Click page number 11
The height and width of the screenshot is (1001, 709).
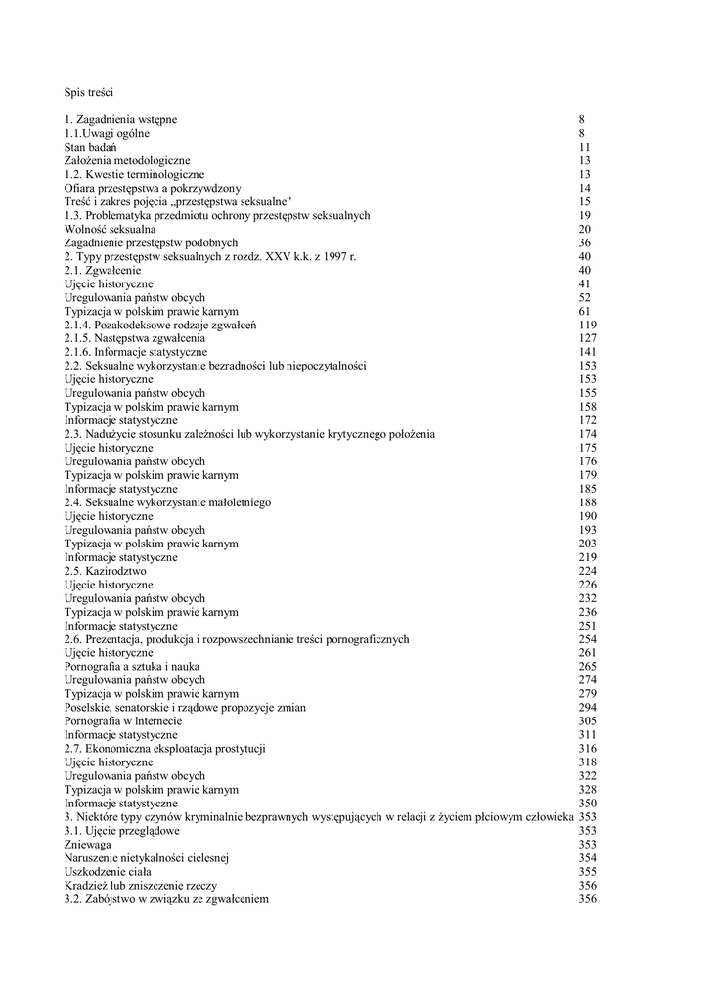tap(584, 147)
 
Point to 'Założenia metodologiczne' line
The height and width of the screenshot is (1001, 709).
tap(127, 160)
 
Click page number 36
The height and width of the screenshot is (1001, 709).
tap(584, 242)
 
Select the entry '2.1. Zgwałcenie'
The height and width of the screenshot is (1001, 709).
tap(103, 270)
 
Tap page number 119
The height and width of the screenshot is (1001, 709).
tap(587, 325)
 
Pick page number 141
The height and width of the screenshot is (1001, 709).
tap(587, 352)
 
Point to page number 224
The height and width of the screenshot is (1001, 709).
tap(587, 571)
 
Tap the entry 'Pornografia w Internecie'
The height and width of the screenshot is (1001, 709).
tap(122, 721)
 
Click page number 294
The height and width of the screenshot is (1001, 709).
tap(587, 708)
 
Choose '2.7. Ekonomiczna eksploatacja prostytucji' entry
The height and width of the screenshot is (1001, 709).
tap(165, 749)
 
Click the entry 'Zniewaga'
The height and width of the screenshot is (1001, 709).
tap(87, 845)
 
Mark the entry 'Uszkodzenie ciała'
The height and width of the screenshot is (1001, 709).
tap(107, 872)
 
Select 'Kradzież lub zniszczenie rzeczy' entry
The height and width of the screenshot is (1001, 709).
tap(138, 886)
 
